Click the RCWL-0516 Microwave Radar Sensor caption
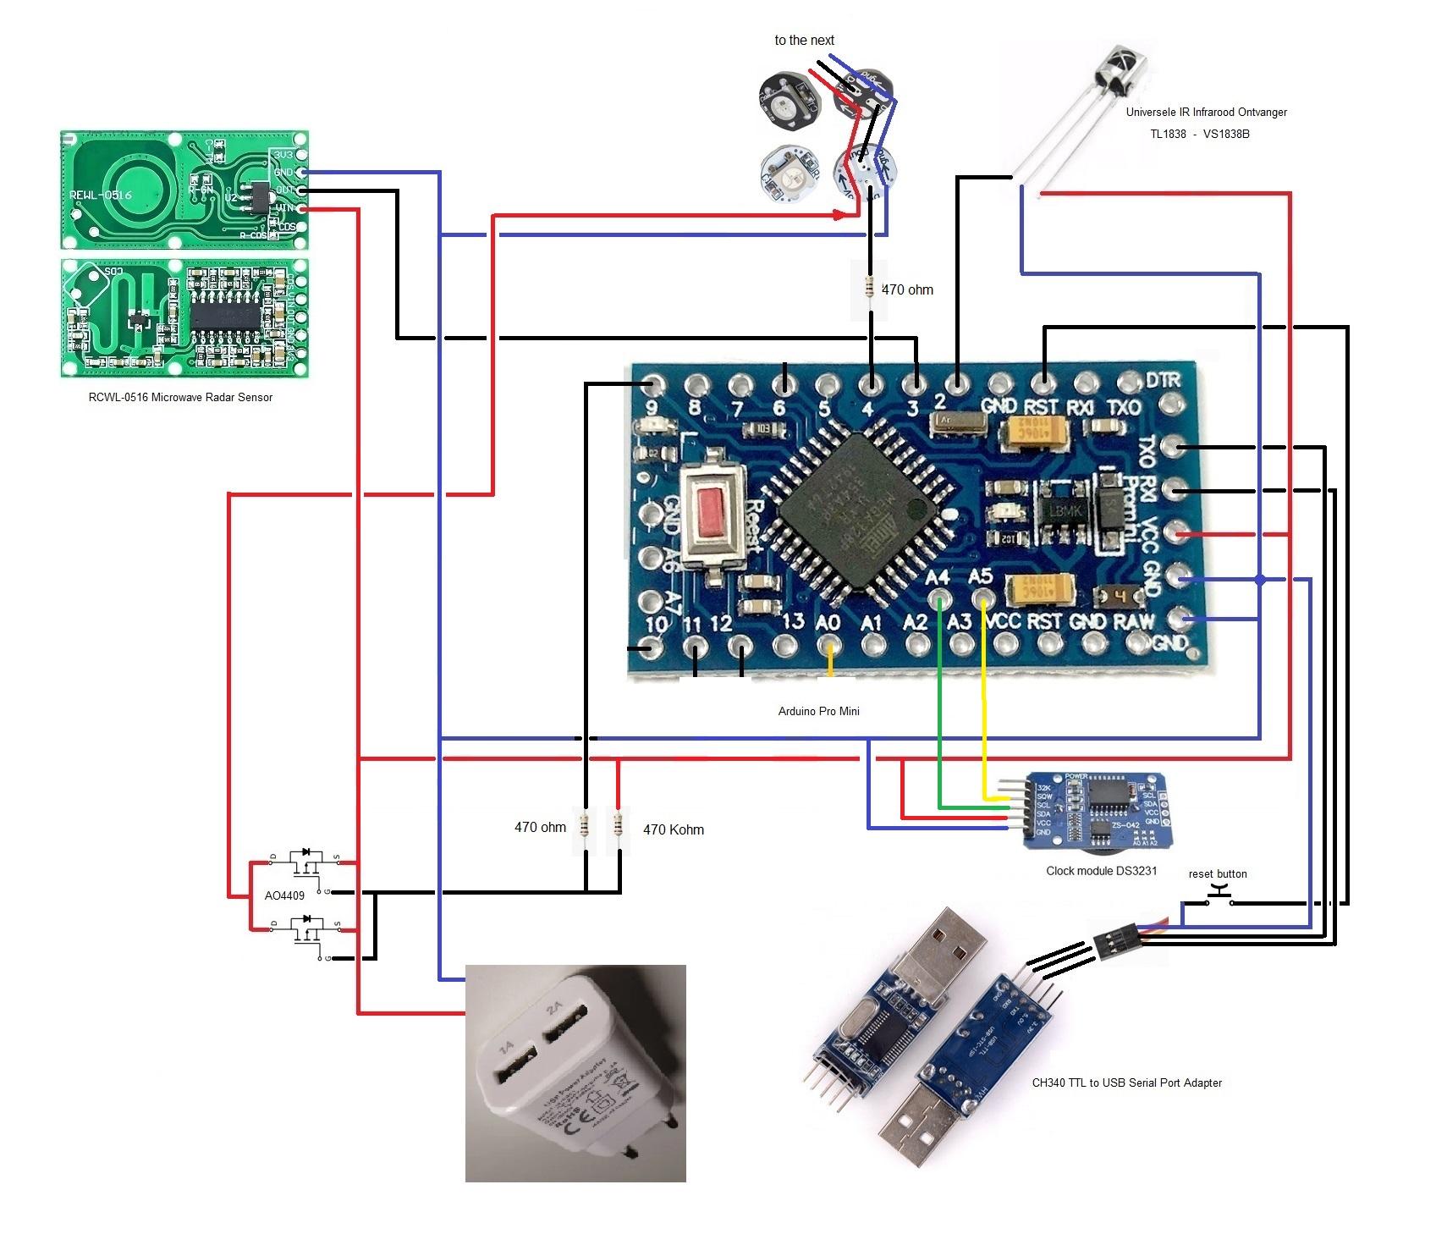pyautogui.click(x=180, y=397)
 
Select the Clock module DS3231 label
pyautogui.click(x=1101, y=870)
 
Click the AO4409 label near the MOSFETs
pyautogui.click(x=284, y=895)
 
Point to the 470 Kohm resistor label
pyautogui.click(x=673, y=829)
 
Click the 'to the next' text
pyautogui.click(x=804, y=40)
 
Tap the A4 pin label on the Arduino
pyautogui.click(x=938, y=577)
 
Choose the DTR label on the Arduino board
pyautogui.click(x=1164, y=380)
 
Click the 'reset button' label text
pyautogui.click(x=1217, y=873)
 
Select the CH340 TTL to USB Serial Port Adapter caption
pyautogui.click(x=1126, y=1082)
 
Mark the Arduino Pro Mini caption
pyautogui.click(x=818, y=711)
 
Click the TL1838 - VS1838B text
pyautogui.click(x=1199, y=134)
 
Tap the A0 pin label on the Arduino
pyautogui.click(x=828, y=622)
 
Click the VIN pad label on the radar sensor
pyautogui.click(x=284, y=208)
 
